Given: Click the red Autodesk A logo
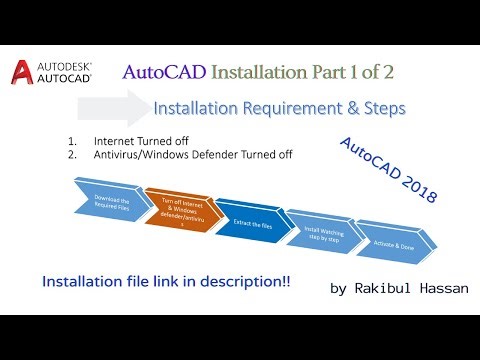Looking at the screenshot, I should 21,72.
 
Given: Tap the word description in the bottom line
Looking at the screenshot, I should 248,283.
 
